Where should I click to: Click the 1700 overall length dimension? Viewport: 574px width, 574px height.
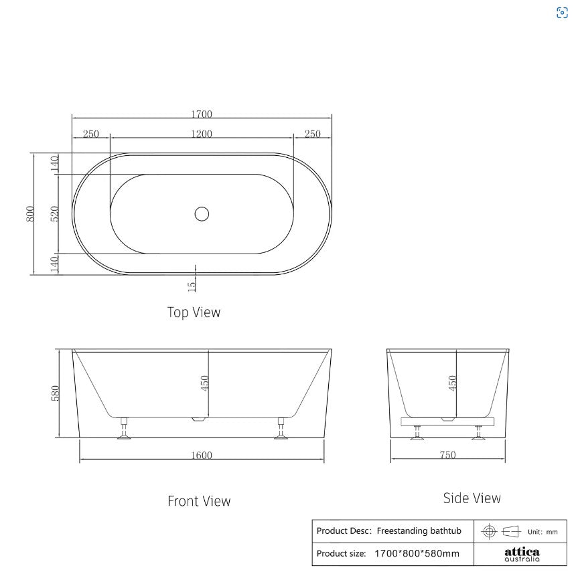(202, 114)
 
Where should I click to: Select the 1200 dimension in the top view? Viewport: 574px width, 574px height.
(201, 134)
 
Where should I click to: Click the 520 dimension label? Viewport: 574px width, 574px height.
(55, 213)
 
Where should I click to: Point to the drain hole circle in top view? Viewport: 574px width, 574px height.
(202, 214)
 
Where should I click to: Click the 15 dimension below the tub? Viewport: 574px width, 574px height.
(192, 286)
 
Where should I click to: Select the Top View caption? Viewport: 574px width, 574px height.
(194, 312)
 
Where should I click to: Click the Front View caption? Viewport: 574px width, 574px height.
(199, 501)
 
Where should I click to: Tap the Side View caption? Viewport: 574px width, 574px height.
(472, 498)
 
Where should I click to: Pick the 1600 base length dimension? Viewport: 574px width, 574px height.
(201, 456)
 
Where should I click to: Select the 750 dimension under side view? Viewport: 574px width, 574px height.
(447, 456)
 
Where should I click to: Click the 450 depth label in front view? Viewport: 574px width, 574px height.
(205, 383)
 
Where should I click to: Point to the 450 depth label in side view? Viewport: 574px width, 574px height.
(452, 383)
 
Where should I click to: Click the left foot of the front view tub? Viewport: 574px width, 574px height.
(124, 432)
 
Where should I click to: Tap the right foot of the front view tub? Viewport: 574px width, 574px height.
(281, 432)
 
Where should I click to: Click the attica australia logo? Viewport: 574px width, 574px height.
(522, 555)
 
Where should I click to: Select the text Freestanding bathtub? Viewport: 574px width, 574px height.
(419, 531)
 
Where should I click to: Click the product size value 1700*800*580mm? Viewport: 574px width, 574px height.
(417, 554)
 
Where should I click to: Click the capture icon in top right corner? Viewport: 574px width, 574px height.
(562, 13)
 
